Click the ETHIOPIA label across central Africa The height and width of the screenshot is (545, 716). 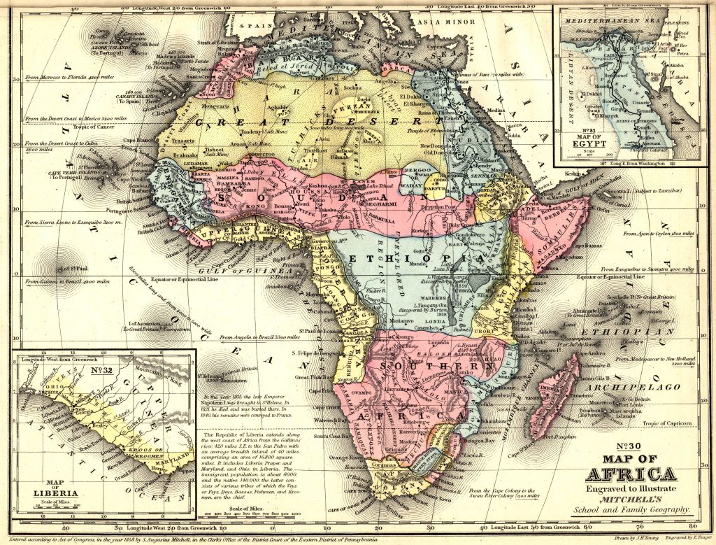414,259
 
